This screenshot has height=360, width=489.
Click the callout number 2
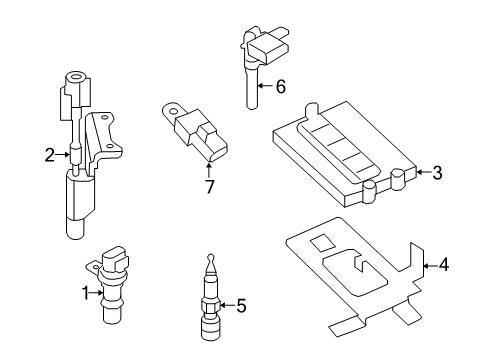tap(49, 154)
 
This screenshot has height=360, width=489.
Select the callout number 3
tap(436, 173)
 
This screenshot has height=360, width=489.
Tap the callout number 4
tap(444, 265)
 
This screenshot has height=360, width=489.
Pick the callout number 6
tap(280, 87)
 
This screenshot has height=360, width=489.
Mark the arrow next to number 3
tap(422, 173)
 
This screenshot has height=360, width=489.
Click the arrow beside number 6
tap(264, 87)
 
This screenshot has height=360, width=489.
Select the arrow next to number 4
tap(430, 265)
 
